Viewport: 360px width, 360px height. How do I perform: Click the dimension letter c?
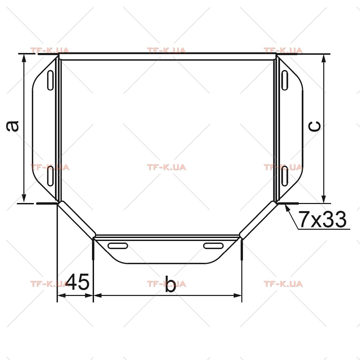[314, 127]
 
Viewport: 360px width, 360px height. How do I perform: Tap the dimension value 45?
[77, 281]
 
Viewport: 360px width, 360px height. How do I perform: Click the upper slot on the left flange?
[50, 80]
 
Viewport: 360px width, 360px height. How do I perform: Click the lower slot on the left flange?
[50, 176]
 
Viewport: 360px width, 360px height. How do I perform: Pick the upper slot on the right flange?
[285, 80]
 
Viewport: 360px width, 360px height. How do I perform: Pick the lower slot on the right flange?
[285, 176]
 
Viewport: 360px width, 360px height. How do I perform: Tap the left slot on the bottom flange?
[118, 246]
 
